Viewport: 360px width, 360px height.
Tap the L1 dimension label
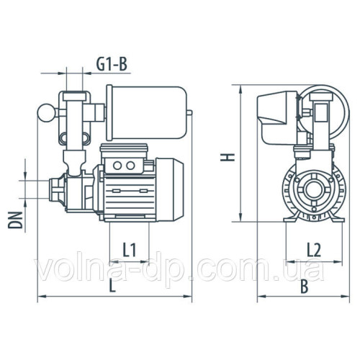[130, 250]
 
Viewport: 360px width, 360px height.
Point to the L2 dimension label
[314, 250]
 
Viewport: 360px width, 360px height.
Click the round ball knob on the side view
[44, 112]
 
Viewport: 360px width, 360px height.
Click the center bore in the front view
[313, 192]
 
